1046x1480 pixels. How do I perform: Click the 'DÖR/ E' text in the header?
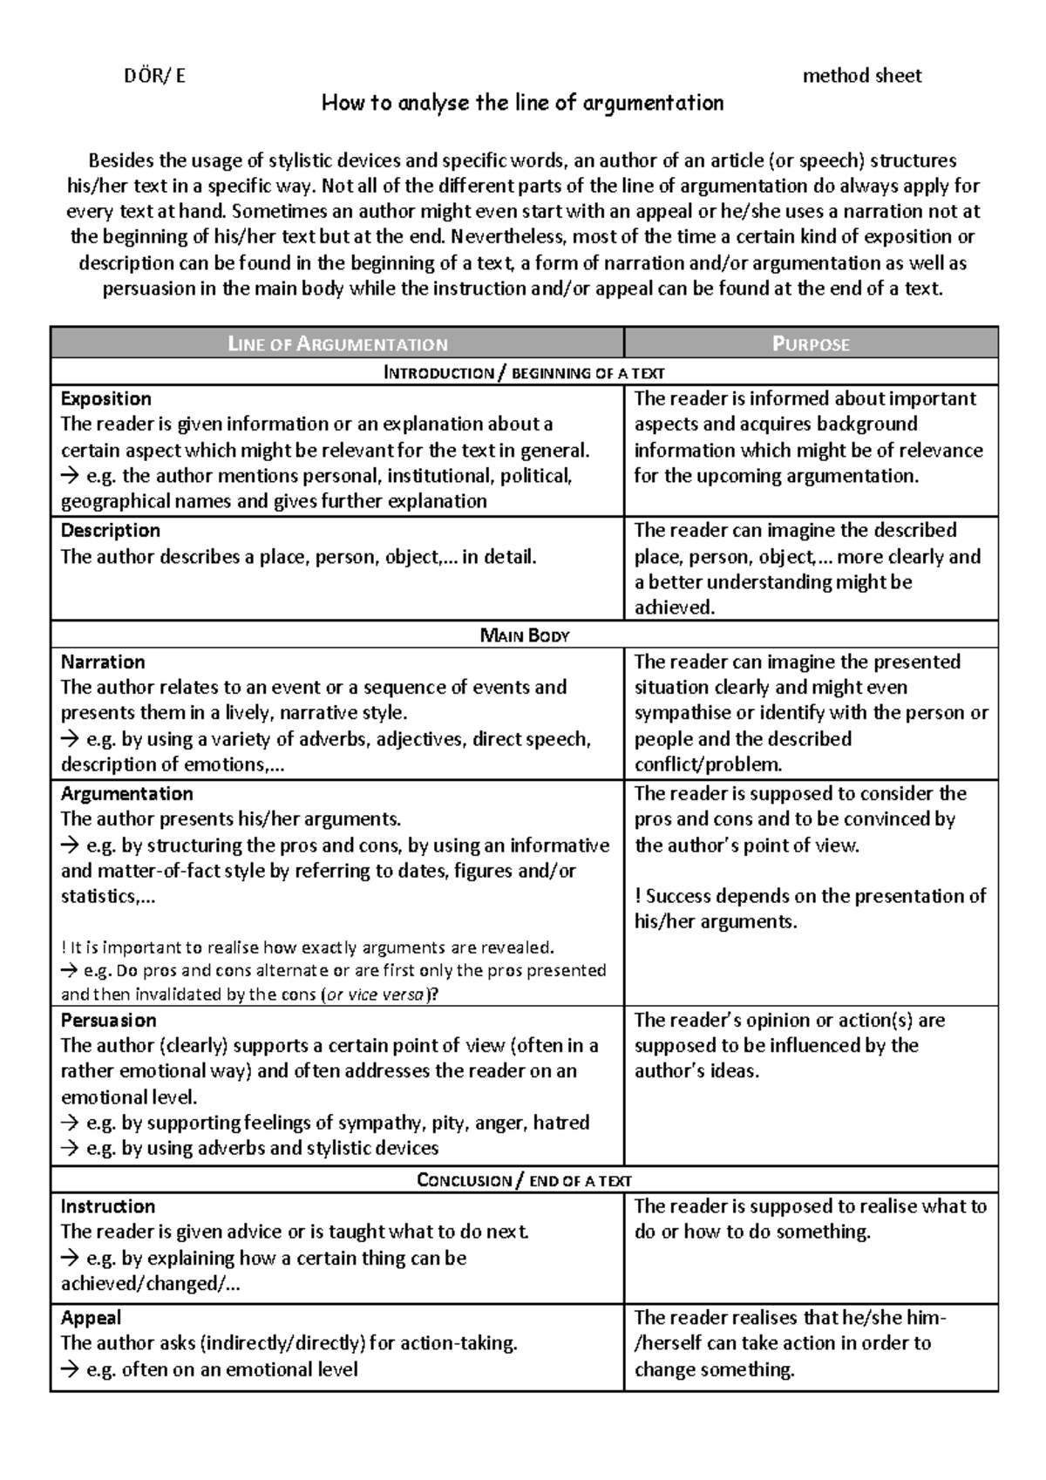tap(154, 76)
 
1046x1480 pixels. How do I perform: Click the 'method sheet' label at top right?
tap(861, 76)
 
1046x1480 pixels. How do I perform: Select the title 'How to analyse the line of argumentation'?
tap(522, 104)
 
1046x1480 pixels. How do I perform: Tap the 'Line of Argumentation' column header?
tap(337, 344)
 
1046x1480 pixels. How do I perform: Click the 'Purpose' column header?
tap(811, 344)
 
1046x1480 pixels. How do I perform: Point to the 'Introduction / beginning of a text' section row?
tap(524, 373)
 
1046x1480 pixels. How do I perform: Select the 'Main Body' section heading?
tap(524, 635)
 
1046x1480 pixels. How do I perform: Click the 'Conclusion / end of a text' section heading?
tap(524, 1181)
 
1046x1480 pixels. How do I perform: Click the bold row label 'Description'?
tap(110, 531)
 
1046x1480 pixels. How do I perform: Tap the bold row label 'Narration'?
tap(102, 662)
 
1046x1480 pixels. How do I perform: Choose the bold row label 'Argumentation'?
tap(126, 794)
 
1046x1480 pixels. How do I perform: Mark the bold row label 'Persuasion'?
tap(108, 1021)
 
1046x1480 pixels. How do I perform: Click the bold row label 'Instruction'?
tap(107, 1207)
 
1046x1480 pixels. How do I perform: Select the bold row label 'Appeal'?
tap(91, 1319)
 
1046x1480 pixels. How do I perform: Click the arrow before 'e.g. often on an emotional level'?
tap(70, 1370)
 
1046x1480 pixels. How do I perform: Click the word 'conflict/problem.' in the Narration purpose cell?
tap(708, 765)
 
